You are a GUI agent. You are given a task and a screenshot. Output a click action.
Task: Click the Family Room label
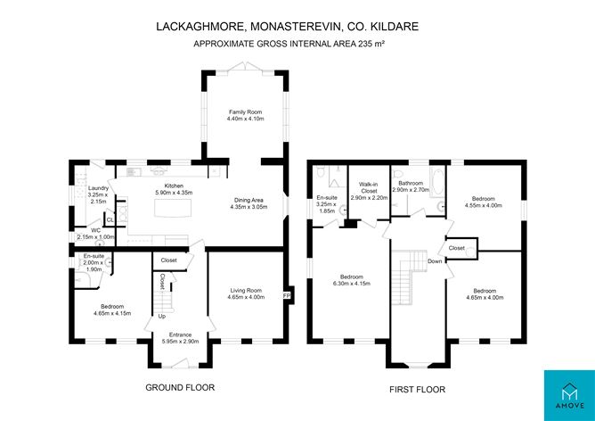click(x=246, y=112)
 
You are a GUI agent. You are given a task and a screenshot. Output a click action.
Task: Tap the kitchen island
click(x=173, y=208)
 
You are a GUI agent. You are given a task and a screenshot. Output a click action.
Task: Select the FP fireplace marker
click(x=286, y=295)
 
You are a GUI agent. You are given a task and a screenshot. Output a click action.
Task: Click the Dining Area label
click(x=249, y=200)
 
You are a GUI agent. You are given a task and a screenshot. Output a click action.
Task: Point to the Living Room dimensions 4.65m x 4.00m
click(x=246, y=297)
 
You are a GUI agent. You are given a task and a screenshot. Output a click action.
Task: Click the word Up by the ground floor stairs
click(x=161, y=316)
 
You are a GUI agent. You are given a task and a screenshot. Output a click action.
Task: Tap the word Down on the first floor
click(x=435, y=261)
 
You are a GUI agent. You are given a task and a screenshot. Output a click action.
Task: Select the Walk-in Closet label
click(x=369, y=187)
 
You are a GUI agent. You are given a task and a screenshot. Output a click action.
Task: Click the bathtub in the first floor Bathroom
click(x=438, y=182)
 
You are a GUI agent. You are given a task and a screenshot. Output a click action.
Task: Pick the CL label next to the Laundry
click(x=110, y=220)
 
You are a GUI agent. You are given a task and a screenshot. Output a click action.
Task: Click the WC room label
click(x=96, y=230)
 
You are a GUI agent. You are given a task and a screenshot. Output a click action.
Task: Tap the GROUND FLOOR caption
click(x=180, y=388)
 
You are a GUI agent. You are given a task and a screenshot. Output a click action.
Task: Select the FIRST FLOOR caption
click(x=418, y=390)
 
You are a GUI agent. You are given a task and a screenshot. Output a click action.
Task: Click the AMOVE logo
click(x=569, y=395)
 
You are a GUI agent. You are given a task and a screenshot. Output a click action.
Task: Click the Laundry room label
click(x=98, y=188)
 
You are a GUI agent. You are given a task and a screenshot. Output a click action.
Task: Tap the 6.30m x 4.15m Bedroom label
click(x=351, y=280)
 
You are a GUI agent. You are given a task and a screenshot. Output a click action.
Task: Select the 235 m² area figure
click(x=371, y=44)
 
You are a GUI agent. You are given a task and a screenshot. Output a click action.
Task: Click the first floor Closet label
click(x=457, y=248)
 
